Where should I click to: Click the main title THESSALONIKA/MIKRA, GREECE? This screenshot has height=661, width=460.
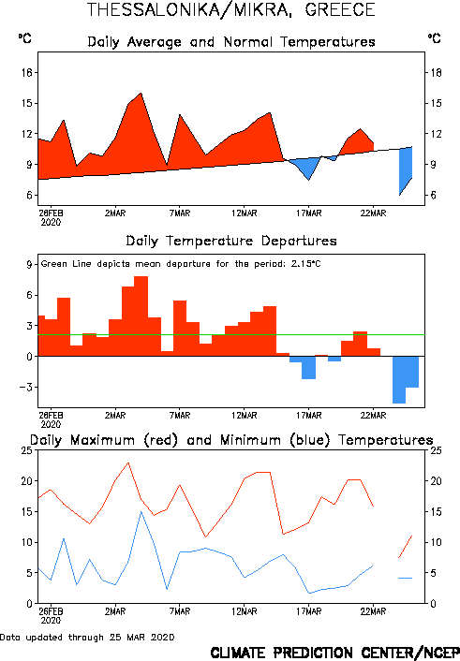(230, 9)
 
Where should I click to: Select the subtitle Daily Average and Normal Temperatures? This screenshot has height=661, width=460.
(231, 42)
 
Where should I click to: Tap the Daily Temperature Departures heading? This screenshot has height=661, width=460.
(231, 241)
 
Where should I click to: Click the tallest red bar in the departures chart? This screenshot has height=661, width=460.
(141, 316)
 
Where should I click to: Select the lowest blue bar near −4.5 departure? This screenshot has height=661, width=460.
(399, 380)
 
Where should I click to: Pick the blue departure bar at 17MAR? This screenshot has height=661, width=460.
(309, 368)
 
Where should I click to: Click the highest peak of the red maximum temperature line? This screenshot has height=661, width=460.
(128, 463)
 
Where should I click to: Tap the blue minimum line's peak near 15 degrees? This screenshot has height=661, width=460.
(141, 512)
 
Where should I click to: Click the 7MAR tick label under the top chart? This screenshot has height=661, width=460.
(180, 213)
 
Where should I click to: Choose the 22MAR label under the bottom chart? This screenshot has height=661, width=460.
(373, 611)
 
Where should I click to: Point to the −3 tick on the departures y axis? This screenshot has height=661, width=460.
(25, 387)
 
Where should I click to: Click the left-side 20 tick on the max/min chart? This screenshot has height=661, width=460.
(26, 481)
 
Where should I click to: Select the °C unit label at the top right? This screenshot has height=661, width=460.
(435, 38)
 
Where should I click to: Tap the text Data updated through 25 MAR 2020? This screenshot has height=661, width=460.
(87, 638)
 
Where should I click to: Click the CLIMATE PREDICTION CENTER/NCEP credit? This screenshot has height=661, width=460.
(335, 653)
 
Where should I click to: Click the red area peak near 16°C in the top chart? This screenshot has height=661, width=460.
(141, 94)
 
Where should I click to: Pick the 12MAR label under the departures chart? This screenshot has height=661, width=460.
(245, 416)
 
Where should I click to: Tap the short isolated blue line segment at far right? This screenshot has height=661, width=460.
(405, 578)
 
